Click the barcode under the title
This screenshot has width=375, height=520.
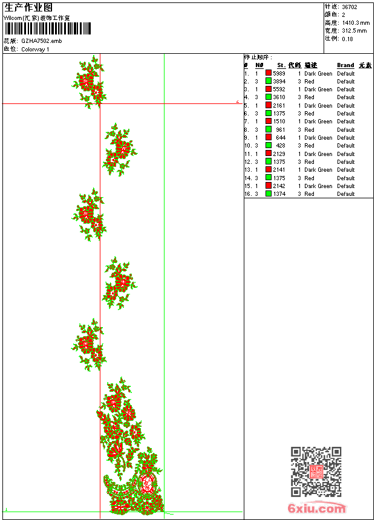coord(47,28)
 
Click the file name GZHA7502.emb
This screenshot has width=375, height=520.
coord(41,41)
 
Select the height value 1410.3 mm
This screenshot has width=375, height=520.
coord(356,23)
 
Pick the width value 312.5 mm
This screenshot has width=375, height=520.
coord(354,31)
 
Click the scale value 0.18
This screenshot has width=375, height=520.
coord(347,39)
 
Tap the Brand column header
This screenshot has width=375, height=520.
coord(345,65)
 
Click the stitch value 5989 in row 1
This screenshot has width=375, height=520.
coord(279,73)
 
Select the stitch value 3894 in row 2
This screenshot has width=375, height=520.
coord(279,81)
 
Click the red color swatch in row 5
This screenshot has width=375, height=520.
coord(269,105)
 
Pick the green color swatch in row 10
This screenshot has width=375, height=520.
coord(269,146)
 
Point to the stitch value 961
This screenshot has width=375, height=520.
coord(281,129)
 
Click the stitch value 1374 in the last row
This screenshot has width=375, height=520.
coord(279,194)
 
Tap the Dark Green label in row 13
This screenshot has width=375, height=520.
coord(318,170)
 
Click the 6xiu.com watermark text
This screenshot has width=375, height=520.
coord(317,509)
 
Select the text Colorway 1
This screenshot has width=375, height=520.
coord(35,50)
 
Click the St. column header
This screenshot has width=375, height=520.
coord(281,65)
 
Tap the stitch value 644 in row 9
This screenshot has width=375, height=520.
coord(281,138)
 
